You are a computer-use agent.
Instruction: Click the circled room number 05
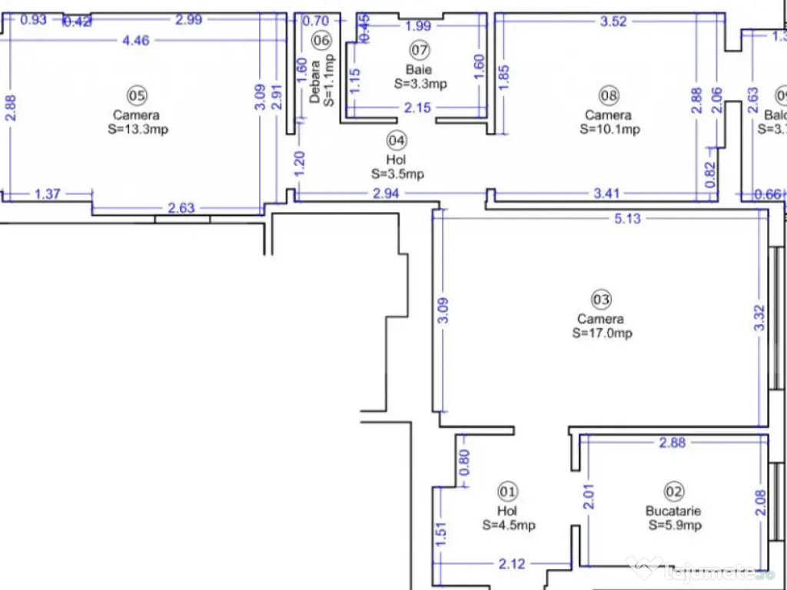point(137,95)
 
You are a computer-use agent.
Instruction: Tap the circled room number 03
point(601,299)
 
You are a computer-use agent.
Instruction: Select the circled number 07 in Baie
point(419,51)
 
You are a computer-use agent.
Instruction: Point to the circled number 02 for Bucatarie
point(673,491)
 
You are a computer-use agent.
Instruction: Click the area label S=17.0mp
point(602,333)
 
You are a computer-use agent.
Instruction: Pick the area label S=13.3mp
point(138,129)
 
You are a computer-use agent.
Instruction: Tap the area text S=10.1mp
point(609,129)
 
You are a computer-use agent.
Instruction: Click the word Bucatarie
point(673,511)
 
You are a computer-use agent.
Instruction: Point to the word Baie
point(419,70)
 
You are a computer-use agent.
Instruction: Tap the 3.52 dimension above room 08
point(613,21)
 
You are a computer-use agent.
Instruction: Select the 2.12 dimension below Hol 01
point(512,564)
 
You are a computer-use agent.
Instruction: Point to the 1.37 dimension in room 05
point(47,194)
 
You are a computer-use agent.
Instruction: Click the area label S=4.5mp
point(509,525)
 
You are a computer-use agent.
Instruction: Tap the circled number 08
point(609,95)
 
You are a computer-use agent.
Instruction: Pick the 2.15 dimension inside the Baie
point(417,108)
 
